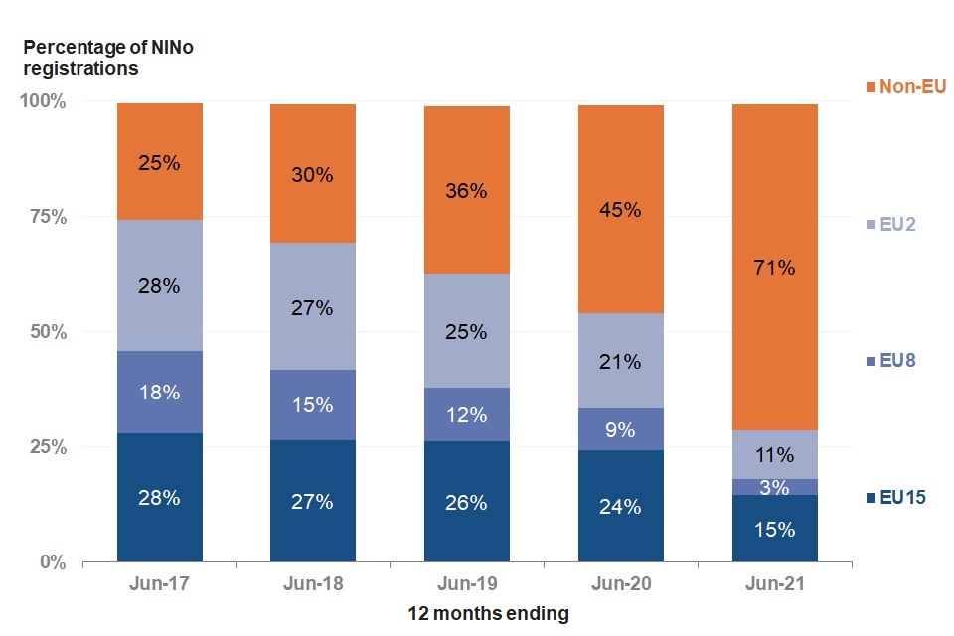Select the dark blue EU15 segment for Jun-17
tap(160, 497)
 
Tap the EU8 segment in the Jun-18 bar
tap(313, 405)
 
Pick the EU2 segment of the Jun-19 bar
tap(466, 331)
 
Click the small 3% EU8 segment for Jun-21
tap(774, 487)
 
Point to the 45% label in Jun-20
tap(620, 210)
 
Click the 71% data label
tap(774, 267)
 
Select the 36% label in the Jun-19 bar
tap(466, 190)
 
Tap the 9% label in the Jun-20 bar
tap(620, 430)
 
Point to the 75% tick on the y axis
tap(46, 217)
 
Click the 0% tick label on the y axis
tap(52, 562)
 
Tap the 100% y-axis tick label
tap(42, 101)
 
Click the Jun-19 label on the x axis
tap(466, 583)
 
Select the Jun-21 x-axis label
tap(774, 583)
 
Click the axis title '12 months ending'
tap(488, 614)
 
